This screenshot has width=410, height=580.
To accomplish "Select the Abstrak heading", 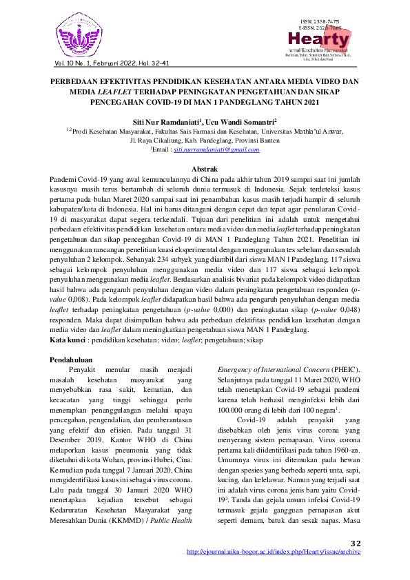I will (205, 169).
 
